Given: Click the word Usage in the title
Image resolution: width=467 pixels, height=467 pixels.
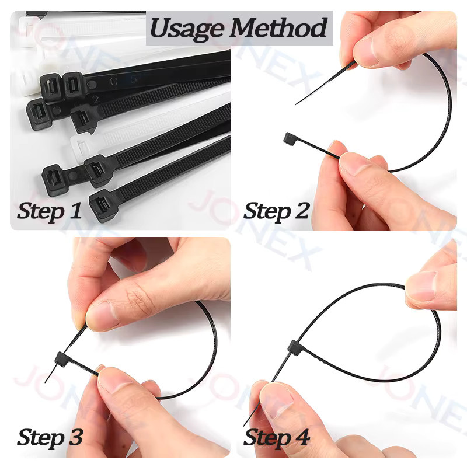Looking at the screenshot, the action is point(187,29).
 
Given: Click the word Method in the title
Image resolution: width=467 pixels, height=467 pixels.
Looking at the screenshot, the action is point(278,27).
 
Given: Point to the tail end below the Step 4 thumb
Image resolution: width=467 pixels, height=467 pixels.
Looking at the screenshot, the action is point(245,425).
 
